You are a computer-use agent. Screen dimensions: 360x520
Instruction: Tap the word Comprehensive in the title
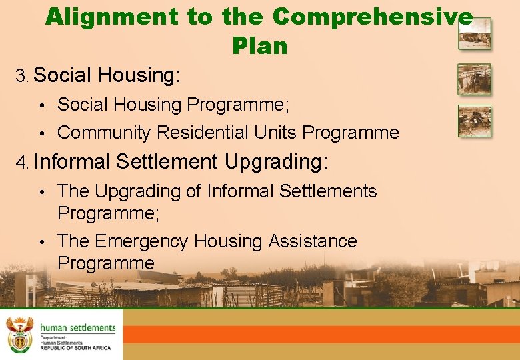click(x=373, y=17)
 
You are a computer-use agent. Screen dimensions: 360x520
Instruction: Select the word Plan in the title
click(x=260, y=46)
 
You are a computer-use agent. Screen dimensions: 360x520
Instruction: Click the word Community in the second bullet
click(x=104, y=133)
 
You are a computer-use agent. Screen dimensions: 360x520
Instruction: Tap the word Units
click(x=276, y=133)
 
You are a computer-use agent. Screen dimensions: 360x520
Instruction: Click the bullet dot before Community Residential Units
click(x=41, y=133)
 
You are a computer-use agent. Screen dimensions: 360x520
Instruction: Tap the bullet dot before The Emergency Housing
click(x=41, y=241)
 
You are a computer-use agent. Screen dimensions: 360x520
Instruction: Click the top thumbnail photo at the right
click(x=474, y=33)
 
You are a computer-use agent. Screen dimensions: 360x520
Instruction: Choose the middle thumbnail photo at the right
click(x=474, y=79)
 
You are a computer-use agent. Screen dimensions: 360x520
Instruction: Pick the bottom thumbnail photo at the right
click(x=474, y=121)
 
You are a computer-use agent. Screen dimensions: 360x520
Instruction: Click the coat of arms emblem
click(x=20, y=334)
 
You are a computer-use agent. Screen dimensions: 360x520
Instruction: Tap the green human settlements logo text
click(x=78, y=328)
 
